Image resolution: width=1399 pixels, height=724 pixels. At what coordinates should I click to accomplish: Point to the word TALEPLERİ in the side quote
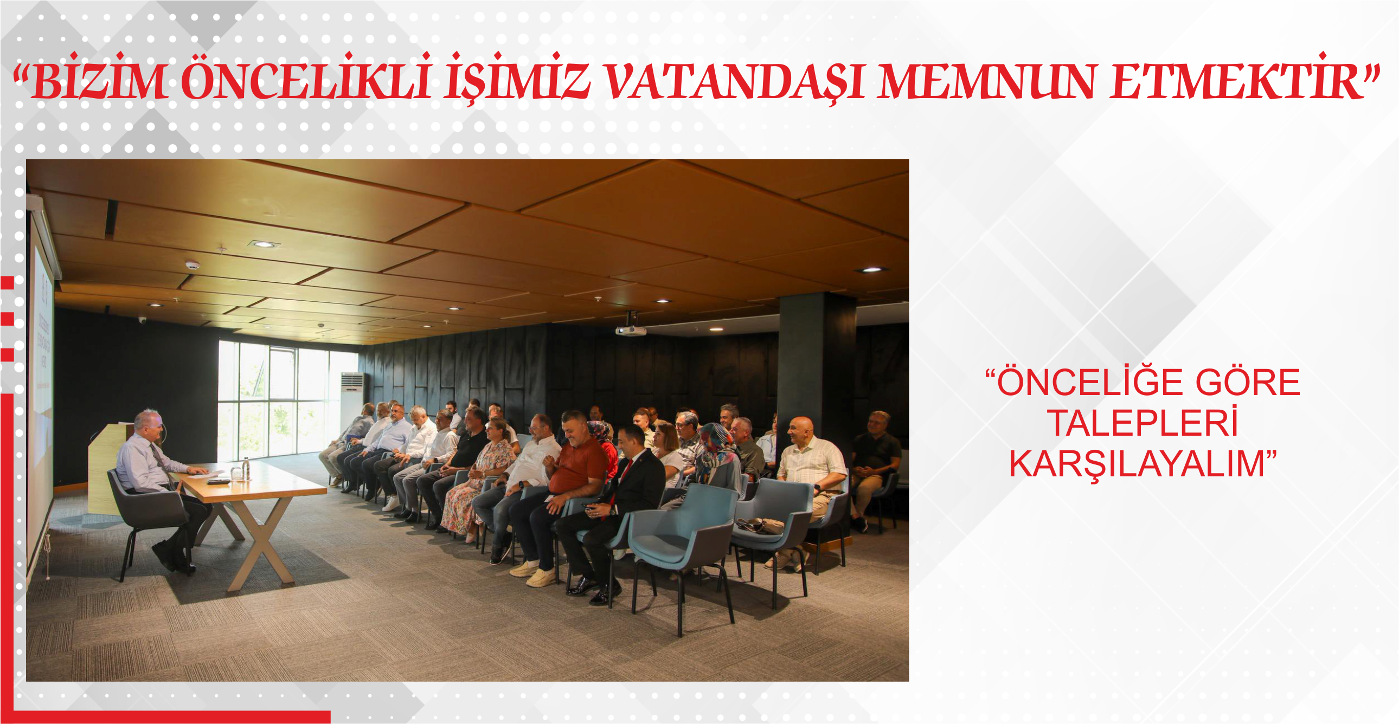(1143, 423)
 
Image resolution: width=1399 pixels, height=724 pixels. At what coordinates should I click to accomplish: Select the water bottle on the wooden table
(246, 469)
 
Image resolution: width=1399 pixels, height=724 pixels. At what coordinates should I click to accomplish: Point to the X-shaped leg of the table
(261, 542)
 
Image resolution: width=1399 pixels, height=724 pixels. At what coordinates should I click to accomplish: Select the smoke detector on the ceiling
(192, 266)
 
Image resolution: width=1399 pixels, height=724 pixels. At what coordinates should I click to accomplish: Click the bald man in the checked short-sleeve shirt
(809, 477)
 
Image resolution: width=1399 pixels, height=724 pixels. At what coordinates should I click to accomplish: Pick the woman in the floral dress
(478, 477)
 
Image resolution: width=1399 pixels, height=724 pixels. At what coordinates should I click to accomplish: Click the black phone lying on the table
(219, 481)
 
